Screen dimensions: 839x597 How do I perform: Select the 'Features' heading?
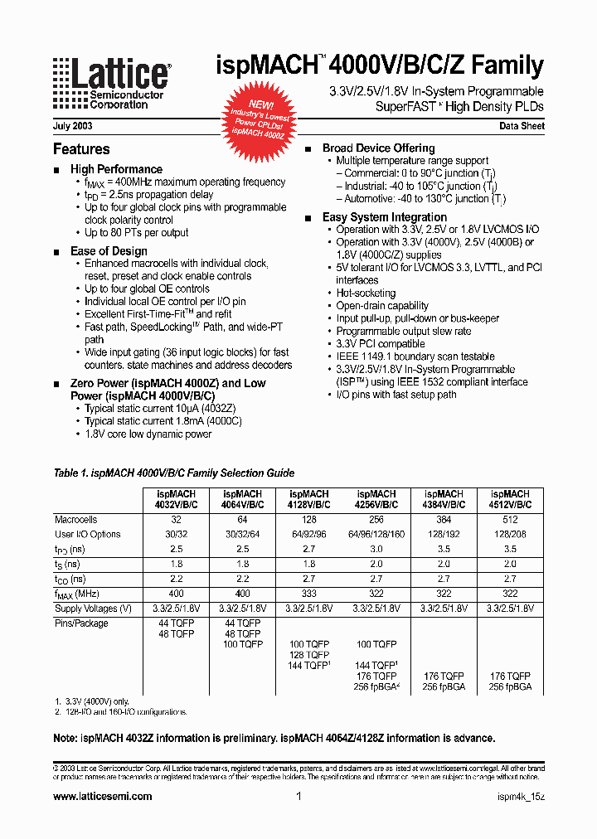coord(81,149)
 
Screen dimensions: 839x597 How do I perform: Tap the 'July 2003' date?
coord(72,126)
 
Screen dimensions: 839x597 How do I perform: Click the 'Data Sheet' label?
coord(522,126)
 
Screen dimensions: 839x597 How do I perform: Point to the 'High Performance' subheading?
coord(116,169)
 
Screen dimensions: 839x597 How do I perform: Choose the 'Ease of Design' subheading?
coord(109,251)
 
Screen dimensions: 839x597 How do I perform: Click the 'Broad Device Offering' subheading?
coord(378,148)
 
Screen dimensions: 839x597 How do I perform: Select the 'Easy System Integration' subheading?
coord(385,217)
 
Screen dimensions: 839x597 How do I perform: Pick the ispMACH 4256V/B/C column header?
coord(376,499)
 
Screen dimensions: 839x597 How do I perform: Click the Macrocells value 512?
coord(510,520)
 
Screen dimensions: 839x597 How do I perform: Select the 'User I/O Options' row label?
coord(88,535)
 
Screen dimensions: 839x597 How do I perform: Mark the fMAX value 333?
coord(310,594)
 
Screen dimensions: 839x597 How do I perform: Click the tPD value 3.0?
coord(376,550)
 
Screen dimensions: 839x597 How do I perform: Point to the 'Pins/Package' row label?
coord(81,623)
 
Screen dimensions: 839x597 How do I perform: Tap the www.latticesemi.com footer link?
coord(103,796)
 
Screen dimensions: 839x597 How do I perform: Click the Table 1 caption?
coord(173,473)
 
